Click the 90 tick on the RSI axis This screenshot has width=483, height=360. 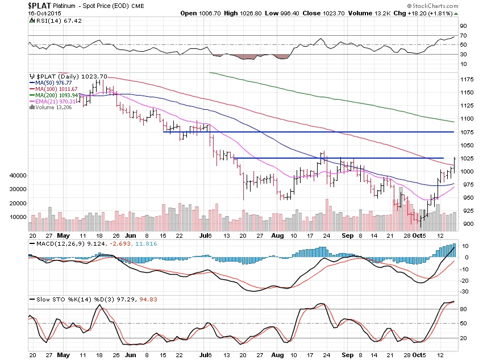463,26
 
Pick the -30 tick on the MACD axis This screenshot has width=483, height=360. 463,291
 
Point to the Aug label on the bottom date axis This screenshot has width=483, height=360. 277,235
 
